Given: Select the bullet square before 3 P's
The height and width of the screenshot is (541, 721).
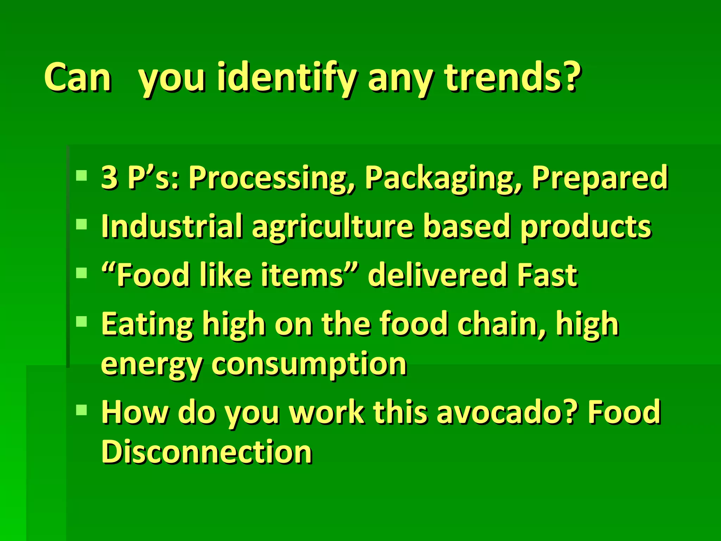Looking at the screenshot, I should click(81, 175).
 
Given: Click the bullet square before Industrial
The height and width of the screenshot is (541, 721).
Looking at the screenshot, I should click(81, 224).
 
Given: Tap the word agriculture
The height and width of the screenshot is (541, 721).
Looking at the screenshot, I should click(332, 226).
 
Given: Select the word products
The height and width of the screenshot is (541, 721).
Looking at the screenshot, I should click(586, 226).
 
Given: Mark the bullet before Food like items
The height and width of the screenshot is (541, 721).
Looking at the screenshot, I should click(81, 273).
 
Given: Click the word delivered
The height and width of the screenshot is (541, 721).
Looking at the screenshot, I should click(437, 275).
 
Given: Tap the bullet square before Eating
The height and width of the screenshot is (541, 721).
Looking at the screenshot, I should click(81, 321).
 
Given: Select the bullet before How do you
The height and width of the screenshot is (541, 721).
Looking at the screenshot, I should click(81, 409).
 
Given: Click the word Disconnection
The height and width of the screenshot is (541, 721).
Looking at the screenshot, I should click(207, 452).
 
